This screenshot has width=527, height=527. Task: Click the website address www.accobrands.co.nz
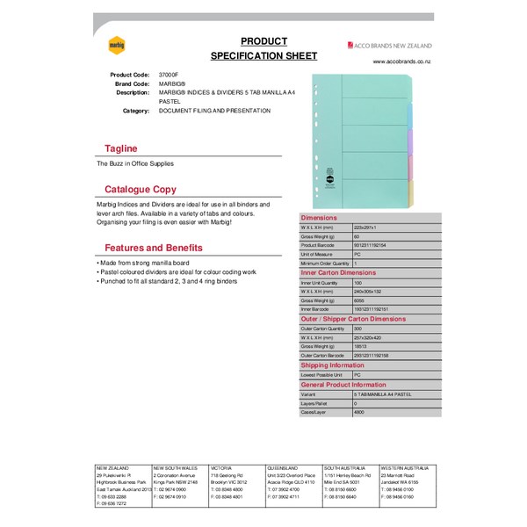401,61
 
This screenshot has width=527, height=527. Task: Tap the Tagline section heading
119,148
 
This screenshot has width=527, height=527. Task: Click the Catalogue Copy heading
141,190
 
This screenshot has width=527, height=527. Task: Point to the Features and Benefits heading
154,248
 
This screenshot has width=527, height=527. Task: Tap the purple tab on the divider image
409,141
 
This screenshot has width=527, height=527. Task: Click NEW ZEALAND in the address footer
113,469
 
